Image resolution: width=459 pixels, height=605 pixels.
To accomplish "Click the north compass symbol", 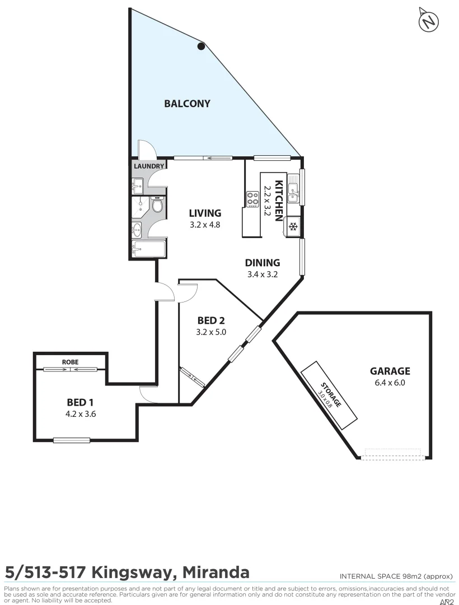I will click(x=429, y=21).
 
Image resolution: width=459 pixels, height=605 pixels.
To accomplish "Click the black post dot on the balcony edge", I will click(x=202, y=46).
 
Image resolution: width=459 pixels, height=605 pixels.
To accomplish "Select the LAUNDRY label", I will click(x=149, y=166).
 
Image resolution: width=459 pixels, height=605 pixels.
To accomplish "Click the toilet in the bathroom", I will click(x=158, y=207).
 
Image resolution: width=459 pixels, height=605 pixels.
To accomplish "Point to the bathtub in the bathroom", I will click(x=149, y=249).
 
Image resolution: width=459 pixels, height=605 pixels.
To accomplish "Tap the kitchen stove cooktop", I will click(x=252, y=199).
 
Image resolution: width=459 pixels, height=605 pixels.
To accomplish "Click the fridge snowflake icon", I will click(x=293, y=226).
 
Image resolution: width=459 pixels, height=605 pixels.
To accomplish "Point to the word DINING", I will click(x=263, y=263).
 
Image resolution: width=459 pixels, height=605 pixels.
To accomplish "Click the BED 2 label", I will click(x=211, y=321).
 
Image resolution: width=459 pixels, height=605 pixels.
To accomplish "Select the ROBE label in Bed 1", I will click(x=70, y=362).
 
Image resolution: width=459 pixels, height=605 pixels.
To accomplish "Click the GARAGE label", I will click(x=390, y=371).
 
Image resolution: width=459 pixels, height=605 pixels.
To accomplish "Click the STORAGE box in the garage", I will click(x=329, y=394).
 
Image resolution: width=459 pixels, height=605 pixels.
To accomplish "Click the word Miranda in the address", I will click(x=215, y=573).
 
